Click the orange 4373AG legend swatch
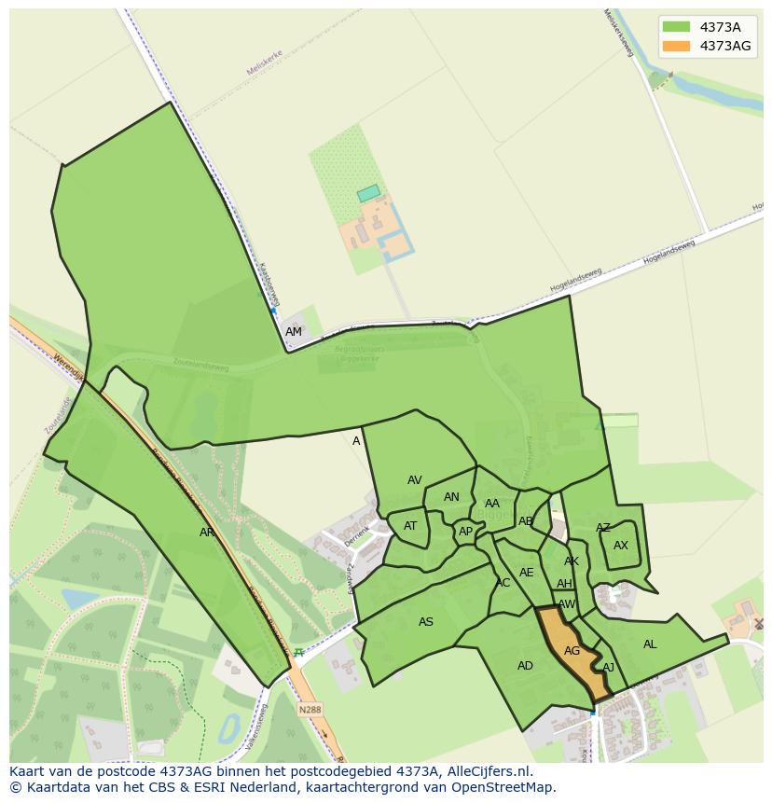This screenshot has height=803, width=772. [x=676, y=46]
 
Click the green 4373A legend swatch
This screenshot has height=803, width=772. [x=676, y=26]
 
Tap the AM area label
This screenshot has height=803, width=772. [x=294, y=332]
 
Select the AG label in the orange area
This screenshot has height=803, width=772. [x=572, y=651]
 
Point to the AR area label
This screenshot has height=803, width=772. [x=207, y=533]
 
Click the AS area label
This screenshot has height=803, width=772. [x=426, y=622]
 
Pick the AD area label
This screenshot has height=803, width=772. [x=525, y=666]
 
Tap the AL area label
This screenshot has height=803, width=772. [x=650, y=644]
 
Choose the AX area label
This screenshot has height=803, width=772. [x=621, y=546]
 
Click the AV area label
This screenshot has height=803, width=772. [x=415, y=480]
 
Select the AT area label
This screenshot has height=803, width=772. [x=410, y=526]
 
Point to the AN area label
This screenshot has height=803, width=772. [x=451, y=497]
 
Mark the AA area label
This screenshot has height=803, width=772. [x=492, y=504]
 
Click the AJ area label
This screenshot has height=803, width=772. [x=609, y=668]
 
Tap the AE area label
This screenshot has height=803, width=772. [x=527, y=573]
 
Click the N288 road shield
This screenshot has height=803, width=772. [x=309, y=710]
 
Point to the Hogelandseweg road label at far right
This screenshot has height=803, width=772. [x=669, y=252]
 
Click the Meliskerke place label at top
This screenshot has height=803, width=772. [x=263, y=62]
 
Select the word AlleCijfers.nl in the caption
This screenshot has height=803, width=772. [x=498, y=771]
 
